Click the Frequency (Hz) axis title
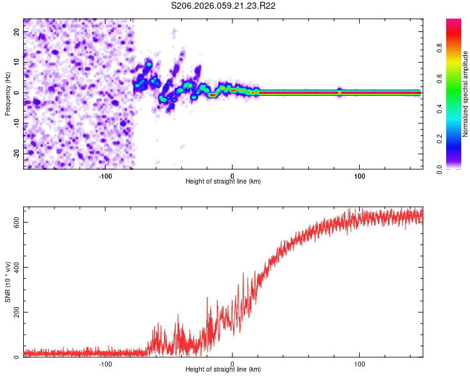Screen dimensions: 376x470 click(8, 93)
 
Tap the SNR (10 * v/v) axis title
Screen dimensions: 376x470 click(8, 282)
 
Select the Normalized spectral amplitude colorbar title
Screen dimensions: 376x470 click(466, 94)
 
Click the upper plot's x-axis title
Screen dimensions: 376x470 click(223, 181)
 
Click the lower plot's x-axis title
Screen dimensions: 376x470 click(223, 369)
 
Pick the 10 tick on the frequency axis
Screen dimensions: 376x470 click(17, 62)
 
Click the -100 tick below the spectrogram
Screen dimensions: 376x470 click(105, 175)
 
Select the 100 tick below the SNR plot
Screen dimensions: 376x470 click(360, 363)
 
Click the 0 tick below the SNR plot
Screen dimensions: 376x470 click(232, 363)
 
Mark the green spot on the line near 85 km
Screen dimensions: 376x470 click(339, 93)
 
